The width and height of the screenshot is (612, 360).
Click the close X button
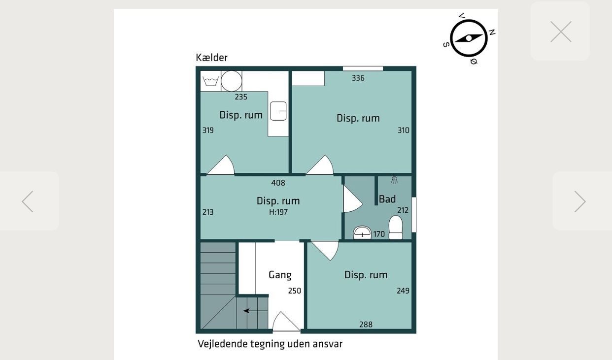561,32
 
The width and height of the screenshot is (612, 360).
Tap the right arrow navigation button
580,201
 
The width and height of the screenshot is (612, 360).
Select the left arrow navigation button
28,201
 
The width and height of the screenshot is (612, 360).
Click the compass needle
469,38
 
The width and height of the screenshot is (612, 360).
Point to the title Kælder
211,58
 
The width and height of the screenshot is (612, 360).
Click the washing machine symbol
210,81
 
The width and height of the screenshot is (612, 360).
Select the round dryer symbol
232,81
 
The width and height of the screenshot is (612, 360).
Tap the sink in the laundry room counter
278,111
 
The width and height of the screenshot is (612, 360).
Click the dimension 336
358,78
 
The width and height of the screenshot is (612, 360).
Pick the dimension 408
278,183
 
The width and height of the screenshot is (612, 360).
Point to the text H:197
278,212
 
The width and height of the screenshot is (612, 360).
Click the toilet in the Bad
396,228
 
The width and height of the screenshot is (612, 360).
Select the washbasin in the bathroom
362,233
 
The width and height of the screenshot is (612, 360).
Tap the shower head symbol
394,180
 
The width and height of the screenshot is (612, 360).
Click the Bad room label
387,199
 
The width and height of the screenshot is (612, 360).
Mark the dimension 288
366,325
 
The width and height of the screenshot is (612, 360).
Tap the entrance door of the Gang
286,322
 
